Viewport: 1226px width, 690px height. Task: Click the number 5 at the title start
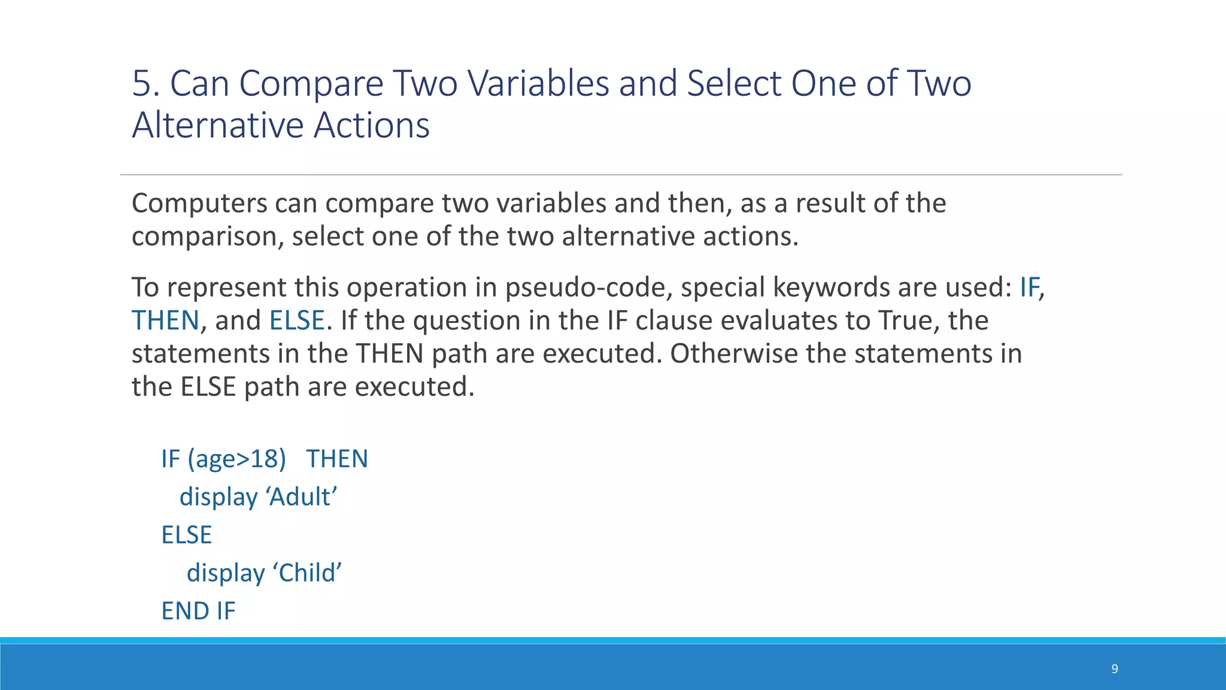[141, 83]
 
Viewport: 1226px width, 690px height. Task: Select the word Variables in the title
[538, 83]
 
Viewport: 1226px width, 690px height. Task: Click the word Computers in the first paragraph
[199, 204]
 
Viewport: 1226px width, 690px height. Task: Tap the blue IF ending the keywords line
[1029, 288]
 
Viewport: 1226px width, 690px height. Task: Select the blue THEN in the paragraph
[165, 320]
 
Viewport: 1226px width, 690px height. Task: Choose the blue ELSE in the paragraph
[297, 320]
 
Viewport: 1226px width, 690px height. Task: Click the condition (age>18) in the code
[236, 459]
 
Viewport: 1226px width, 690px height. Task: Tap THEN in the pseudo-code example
[337, 459]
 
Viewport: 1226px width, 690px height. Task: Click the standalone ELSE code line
[187, 535]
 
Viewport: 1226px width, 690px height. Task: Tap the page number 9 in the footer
[1114, 669]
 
